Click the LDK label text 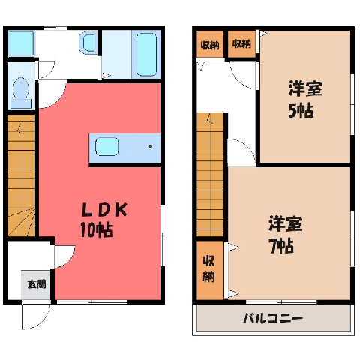(x=105, y=211)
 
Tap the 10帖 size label (x=96, y=229)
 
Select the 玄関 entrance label (x=37, y=284)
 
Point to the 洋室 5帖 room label (x=305, y=99)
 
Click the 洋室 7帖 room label (x=286, y=235)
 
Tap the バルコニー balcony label (x=273, y=318)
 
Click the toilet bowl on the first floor (x=21, y=92)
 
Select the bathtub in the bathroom (x=146, y=55)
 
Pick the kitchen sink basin (x=107, y=146)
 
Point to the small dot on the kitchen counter (x=150, y=146)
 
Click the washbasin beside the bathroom (x=87, y=43)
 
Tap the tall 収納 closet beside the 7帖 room (x=210, y=270)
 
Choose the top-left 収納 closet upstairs (x=210, y=44)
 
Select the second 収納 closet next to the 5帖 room (x=241, y=44)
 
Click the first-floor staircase (x=21, y=175)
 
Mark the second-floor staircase (x=210, y=175)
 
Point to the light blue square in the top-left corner (x=21, y=43)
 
